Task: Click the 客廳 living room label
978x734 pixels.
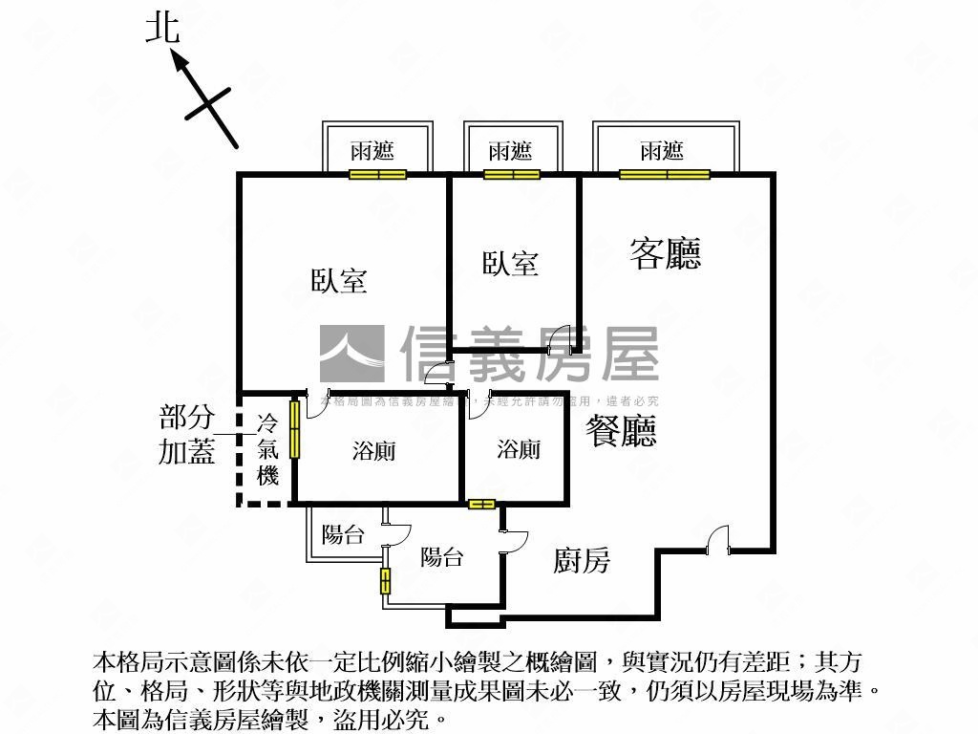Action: tap(665, 253)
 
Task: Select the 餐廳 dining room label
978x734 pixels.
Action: tap(623, 431)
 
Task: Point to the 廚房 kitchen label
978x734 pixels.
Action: tap(581, 560)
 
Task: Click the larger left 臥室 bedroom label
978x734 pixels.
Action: tap(339, 281)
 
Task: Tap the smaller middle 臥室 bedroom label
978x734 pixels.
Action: tap(510, 263)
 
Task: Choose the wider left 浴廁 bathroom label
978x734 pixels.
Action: tap(373, 451)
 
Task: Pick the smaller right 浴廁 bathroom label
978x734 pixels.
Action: tap(519, 449)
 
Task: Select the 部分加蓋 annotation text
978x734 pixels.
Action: tap(187, 435)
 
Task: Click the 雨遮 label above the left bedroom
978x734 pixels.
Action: tap(372, 150)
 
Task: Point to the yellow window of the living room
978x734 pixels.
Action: tap(665, 174)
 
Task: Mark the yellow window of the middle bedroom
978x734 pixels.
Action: tap(511, 174)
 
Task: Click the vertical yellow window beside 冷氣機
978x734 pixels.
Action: tap(295, 429)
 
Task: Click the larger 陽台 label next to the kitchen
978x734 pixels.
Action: tap(441, 557)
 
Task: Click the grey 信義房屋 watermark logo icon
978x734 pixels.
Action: tap(351, 354)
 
